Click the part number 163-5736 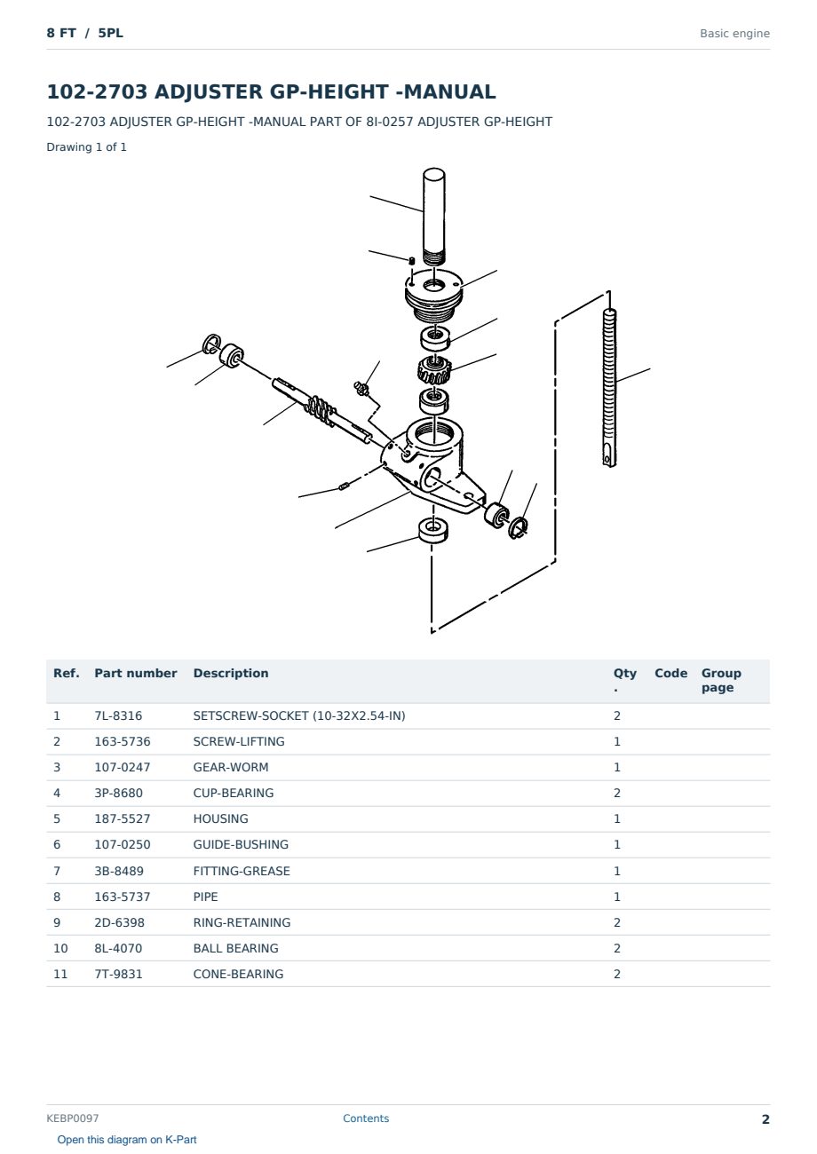(x=123, y=741)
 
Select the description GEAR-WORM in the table (x=230, y=767)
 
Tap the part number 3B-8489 (x=119, y=871)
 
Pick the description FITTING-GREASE (x=242, y=871)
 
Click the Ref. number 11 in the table (x=60, y=974)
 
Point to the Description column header (x=230, y=673)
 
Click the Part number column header (x=136, y=673)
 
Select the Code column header (x=670, y=673)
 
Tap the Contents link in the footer (x=366, y=1118)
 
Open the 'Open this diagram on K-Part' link (x=127, y=1139)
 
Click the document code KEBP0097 (x=73, y=1118)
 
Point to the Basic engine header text (x=734, y=34)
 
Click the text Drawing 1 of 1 (x=87, y=146)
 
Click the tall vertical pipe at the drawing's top (x=434, y=217)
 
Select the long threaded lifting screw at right (x=609, y=387)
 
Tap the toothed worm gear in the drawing (x=434, y=370)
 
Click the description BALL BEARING (x=235, y=948)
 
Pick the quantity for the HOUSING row (x=617, y=818)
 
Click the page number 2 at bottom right (x=765, y=1118)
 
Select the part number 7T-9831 (x=118, y=974)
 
